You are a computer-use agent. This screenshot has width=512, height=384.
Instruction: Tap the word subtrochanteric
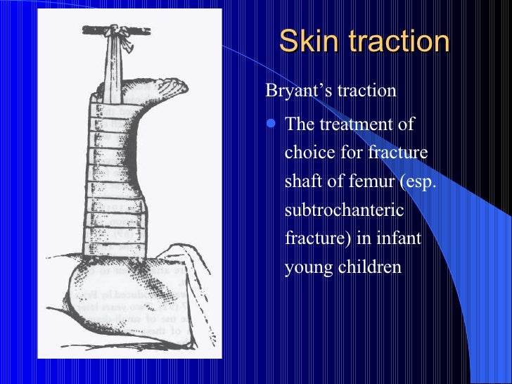click(336, 209)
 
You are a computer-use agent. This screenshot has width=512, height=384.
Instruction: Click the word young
click(306, 267)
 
